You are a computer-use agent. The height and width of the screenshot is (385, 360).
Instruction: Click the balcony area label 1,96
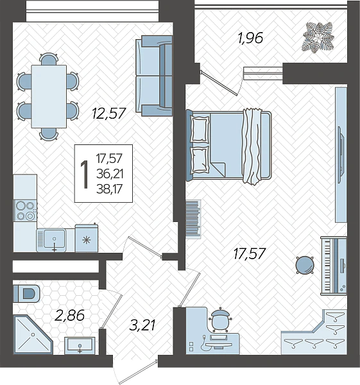[x=250, y=38]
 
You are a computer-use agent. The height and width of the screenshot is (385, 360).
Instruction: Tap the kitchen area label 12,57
[x=108, y=113]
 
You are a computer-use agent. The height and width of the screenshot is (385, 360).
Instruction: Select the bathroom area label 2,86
[x=69, y=315]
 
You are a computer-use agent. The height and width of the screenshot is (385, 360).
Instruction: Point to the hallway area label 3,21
[x=142, y=325]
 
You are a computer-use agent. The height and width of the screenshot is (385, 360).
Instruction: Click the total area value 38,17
[x=109, y=189]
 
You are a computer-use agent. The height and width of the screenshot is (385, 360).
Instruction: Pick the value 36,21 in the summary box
[x=110, y=174]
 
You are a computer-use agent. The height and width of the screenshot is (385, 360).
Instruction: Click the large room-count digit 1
[x=85, y=175]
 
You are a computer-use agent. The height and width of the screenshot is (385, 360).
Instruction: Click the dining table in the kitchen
[x=49, y=96]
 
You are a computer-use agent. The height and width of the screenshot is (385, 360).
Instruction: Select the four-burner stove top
[x=26, y=210]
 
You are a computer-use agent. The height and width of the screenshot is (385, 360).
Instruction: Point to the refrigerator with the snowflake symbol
[x=87, y=238]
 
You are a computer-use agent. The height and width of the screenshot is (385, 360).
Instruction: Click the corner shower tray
[x=33, y=334]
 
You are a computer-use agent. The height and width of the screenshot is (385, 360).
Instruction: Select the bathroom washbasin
[x=80, y=346]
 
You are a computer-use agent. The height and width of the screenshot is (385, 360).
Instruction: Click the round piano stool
[x=305, y=264]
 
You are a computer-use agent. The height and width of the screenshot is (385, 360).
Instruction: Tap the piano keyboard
[x=327, y=265]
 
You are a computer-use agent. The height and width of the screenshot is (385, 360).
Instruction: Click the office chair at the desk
[x=220, y=320]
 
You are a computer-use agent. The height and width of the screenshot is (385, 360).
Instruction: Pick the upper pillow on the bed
[x=200, y=130]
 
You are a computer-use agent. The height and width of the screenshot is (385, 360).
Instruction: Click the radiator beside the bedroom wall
[x=193, y=219]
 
